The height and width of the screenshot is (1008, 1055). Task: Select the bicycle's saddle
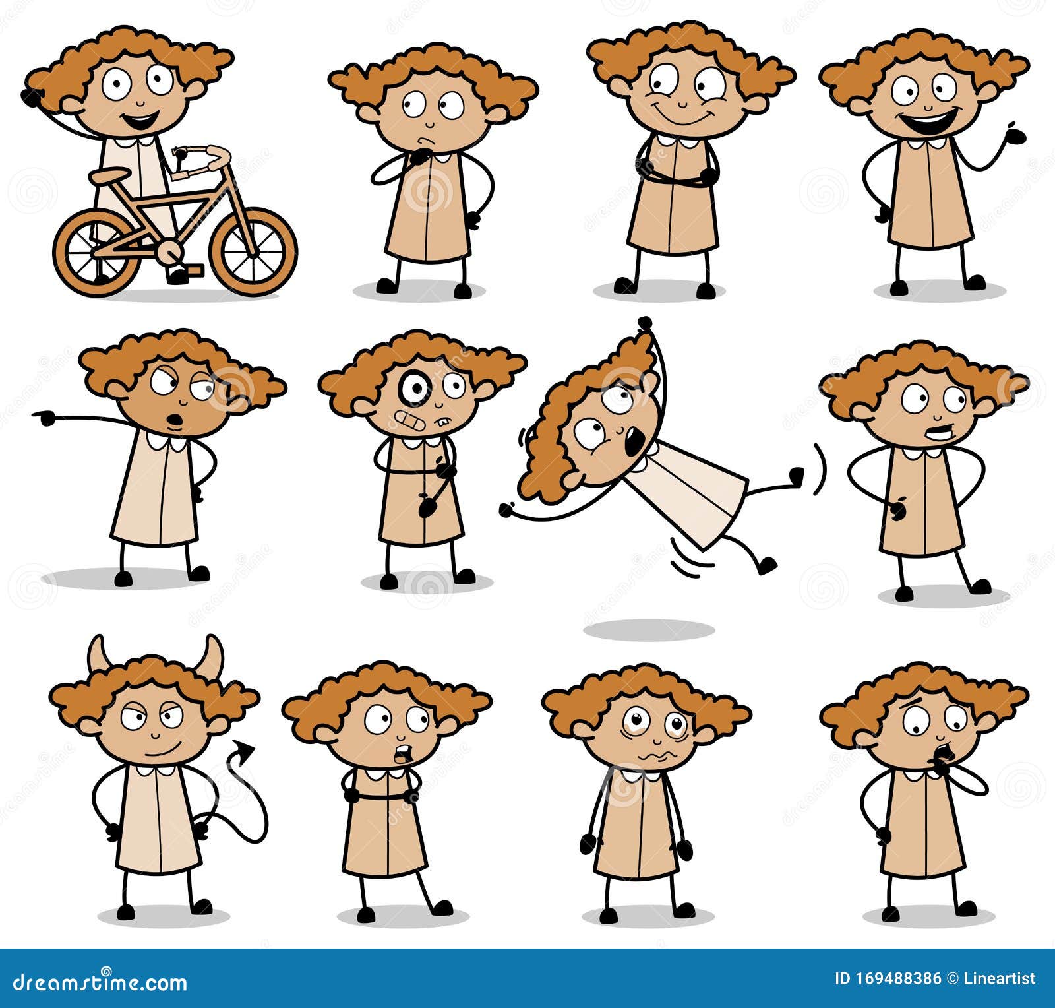pos(109,176)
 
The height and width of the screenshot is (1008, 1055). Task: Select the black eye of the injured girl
pos(415,389)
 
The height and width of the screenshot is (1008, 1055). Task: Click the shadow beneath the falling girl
pos(649,630)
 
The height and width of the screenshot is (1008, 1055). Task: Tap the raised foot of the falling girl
pos(796,475)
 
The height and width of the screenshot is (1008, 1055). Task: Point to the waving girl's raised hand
pos(1014,135)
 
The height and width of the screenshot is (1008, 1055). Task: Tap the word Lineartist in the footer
pos(999,978)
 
